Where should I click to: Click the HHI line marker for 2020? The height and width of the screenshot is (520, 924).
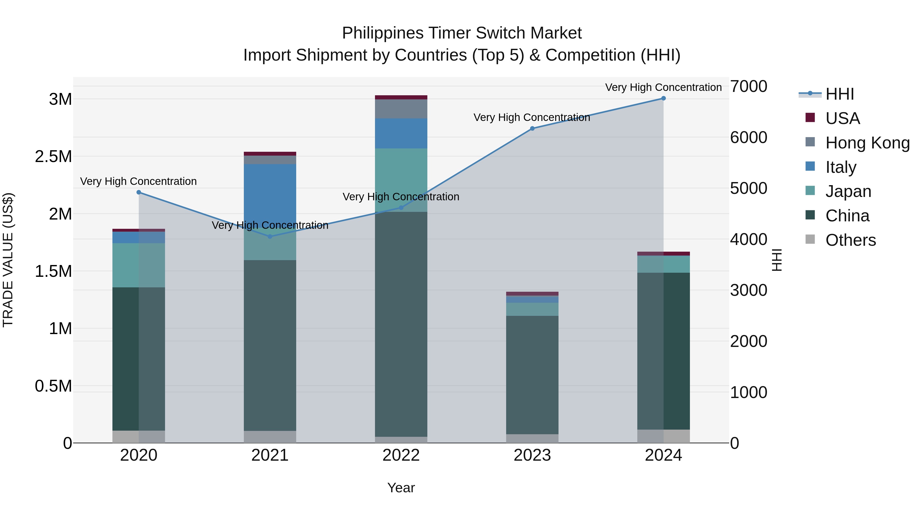pos(139,192)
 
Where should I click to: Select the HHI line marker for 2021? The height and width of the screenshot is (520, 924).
pos(270,237)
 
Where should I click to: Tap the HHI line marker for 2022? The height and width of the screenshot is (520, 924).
pos(401,208)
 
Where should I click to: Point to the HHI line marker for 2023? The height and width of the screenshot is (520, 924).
pos(532,128)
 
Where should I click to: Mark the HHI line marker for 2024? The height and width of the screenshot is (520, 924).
pos(663,98)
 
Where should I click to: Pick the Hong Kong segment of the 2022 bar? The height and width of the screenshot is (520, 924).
pos(401,109)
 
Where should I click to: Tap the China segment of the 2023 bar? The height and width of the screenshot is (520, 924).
pos(532,375)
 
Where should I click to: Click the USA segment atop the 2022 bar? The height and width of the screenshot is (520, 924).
pos(401,97)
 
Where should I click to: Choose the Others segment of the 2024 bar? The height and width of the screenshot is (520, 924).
pos(663,436)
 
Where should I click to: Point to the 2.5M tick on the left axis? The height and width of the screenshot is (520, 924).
pos(53,156)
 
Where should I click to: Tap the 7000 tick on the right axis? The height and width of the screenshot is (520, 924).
pos(749,87)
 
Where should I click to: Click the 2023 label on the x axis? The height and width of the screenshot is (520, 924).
pos(532,455)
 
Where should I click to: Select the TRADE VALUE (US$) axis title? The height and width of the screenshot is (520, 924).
pos(8,260)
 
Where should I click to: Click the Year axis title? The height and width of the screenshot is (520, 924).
pos(401,488)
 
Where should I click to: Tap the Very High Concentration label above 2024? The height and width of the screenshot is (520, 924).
pos(663,87)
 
